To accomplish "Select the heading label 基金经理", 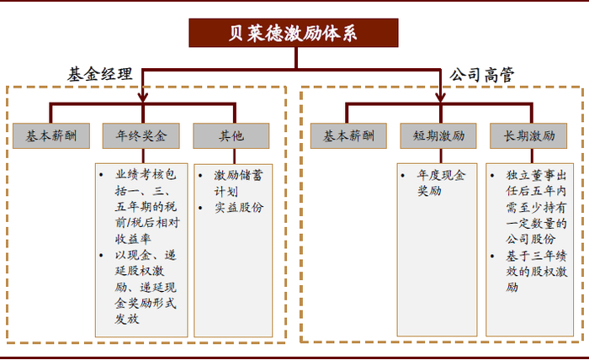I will [100, 74].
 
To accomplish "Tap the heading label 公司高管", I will [482, 74].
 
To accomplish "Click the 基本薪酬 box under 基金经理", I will [50, 135].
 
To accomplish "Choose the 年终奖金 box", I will [141, 135].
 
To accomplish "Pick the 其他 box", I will [231, 135].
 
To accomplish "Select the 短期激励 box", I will [437, 135].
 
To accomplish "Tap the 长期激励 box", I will [528, 135].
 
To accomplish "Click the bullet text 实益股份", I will [238, 207].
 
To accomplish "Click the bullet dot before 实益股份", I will [202, 207].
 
